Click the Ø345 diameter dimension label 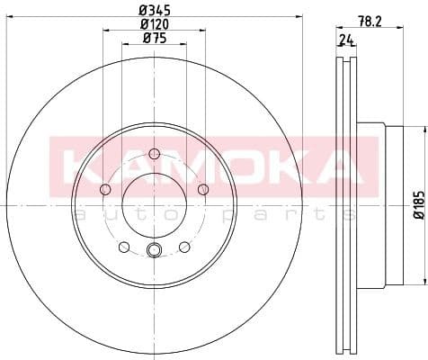154,11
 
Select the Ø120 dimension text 154,25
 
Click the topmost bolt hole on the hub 154,152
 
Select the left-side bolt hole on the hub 105,189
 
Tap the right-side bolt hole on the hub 202,188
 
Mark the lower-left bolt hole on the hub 123,247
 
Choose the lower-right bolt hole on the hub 184,247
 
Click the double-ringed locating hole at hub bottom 154,251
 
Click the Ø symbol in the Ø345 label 142,11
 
